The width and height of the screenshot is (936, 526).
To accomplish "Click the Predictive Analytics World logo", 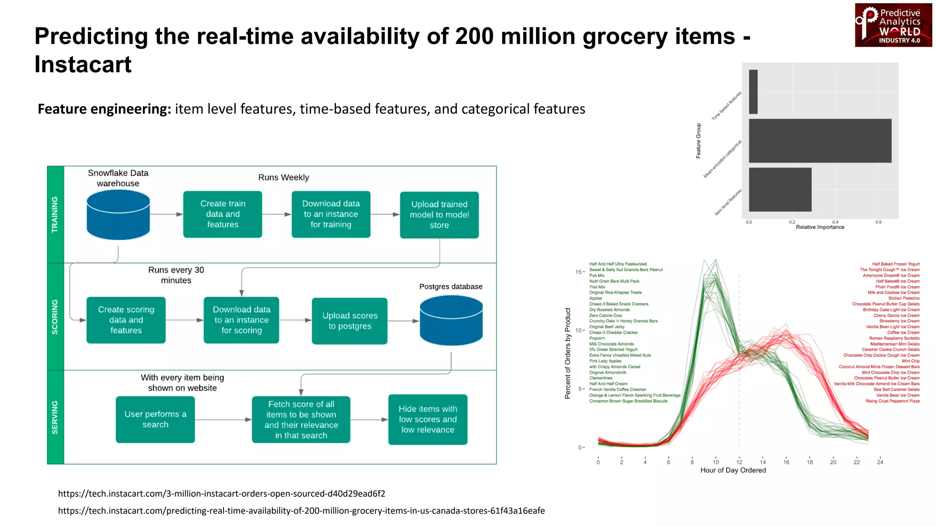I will (x=893, y=26).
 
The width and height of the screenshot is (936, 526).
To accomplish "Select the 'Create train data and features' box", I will (x=223, y=214).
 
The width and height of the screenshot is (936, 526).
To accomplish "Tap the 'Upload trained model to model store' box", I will (x=439, y=215).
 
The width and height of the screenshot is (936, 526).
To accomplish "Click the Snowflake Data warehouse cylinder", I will (x=118, y=215).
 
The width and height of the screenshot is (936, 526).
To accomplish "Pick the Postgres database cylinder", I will (x=451, y=320).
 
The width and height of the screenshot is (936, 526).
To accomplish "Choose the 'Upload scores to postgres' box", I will (x=350, y=321).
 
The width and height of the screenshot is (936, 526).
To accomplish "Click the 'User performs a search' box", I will (x=155, y=419).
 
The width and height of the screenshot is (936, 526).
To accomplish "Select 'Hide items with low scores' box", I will (x=428, y=419).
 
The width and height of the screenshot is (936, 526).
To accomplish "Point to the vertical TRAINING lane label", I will (x=55, y=215).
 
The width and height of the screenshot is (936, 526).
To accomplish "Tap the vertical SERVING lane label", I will (x=55, y=417).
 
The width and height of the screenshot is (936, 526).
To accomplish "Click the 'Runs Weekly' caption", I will (x=283, y=177).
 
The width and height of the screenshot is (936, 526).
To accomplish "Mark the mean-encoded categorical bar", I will (x=820, y=141).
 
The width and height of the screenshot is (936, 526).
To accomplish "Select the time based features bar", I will (x=753, y=92).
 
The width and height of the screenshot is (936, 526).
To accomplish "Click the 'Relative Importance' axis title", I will (x=820, y=227).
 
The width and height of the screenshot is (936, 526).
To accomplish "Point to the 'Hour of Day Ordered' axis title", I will (x=733, y=470).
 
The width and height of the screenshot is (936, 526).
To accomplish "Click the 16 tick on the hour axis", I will (x=786, y=462).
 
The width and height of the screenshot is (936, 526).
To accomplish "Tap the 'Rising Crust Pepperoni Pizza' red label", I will (x=892, y=401).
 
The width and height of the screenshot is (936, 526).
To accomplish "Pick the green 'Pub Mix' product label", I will (x=597, y=275).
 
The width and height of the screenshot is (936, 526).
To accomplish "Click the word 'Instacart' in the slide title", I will (x=83, y=64).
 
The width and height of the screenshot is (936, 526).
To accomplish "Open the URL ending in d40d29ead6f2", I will (x=222, y=494).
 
